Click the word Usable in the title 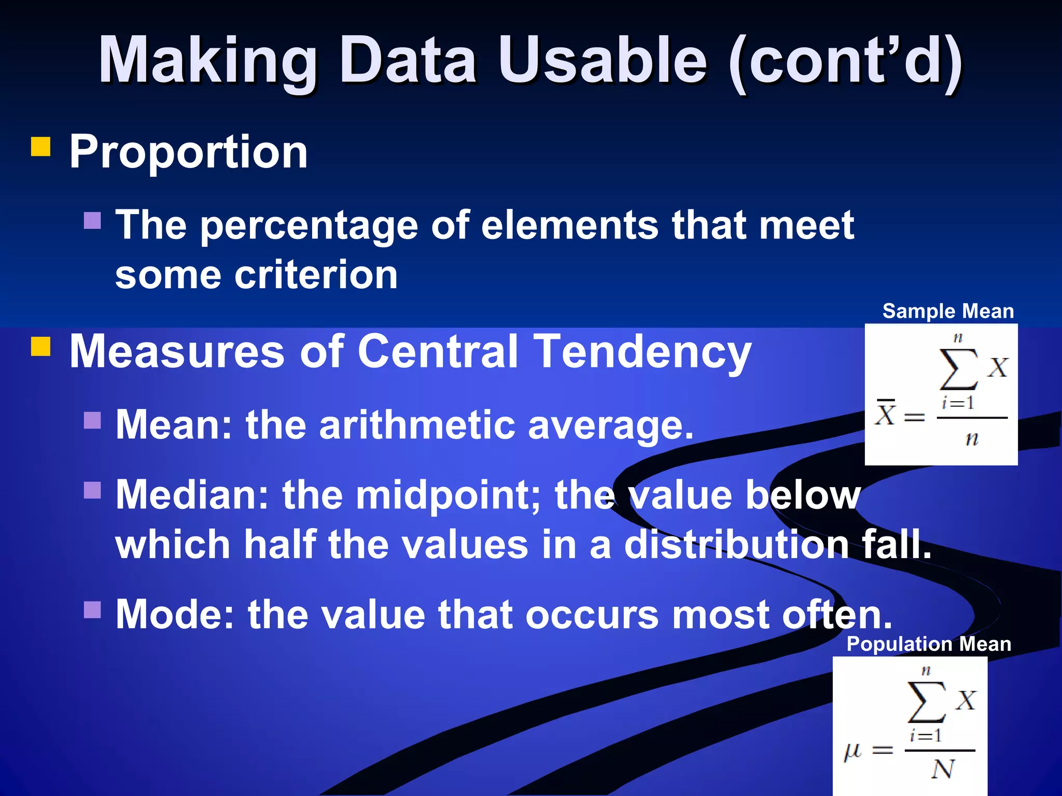[x=603, y=61]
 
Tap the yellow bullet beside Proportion [x=41, y=147]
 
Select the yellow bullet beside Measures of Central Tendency [x=41, y=347]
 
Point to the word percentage [x=309, y=226]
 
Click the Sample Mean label [x=948, y=311]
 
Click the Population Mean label [x=929, y=644]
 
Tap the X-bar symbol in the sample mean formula [x=885, y=414]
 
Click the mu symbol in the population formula [x=853, y=750]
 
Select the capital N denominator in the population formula [x=943, y=769]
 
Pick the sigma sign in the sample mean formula [x=958, y=369]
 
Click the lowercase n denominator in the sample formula [x=972, y=439]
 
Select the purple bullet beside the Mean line [x=92, y=420]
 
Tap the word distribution [x=736, y=545]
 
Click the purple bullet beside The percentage [x=92, y=220]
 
